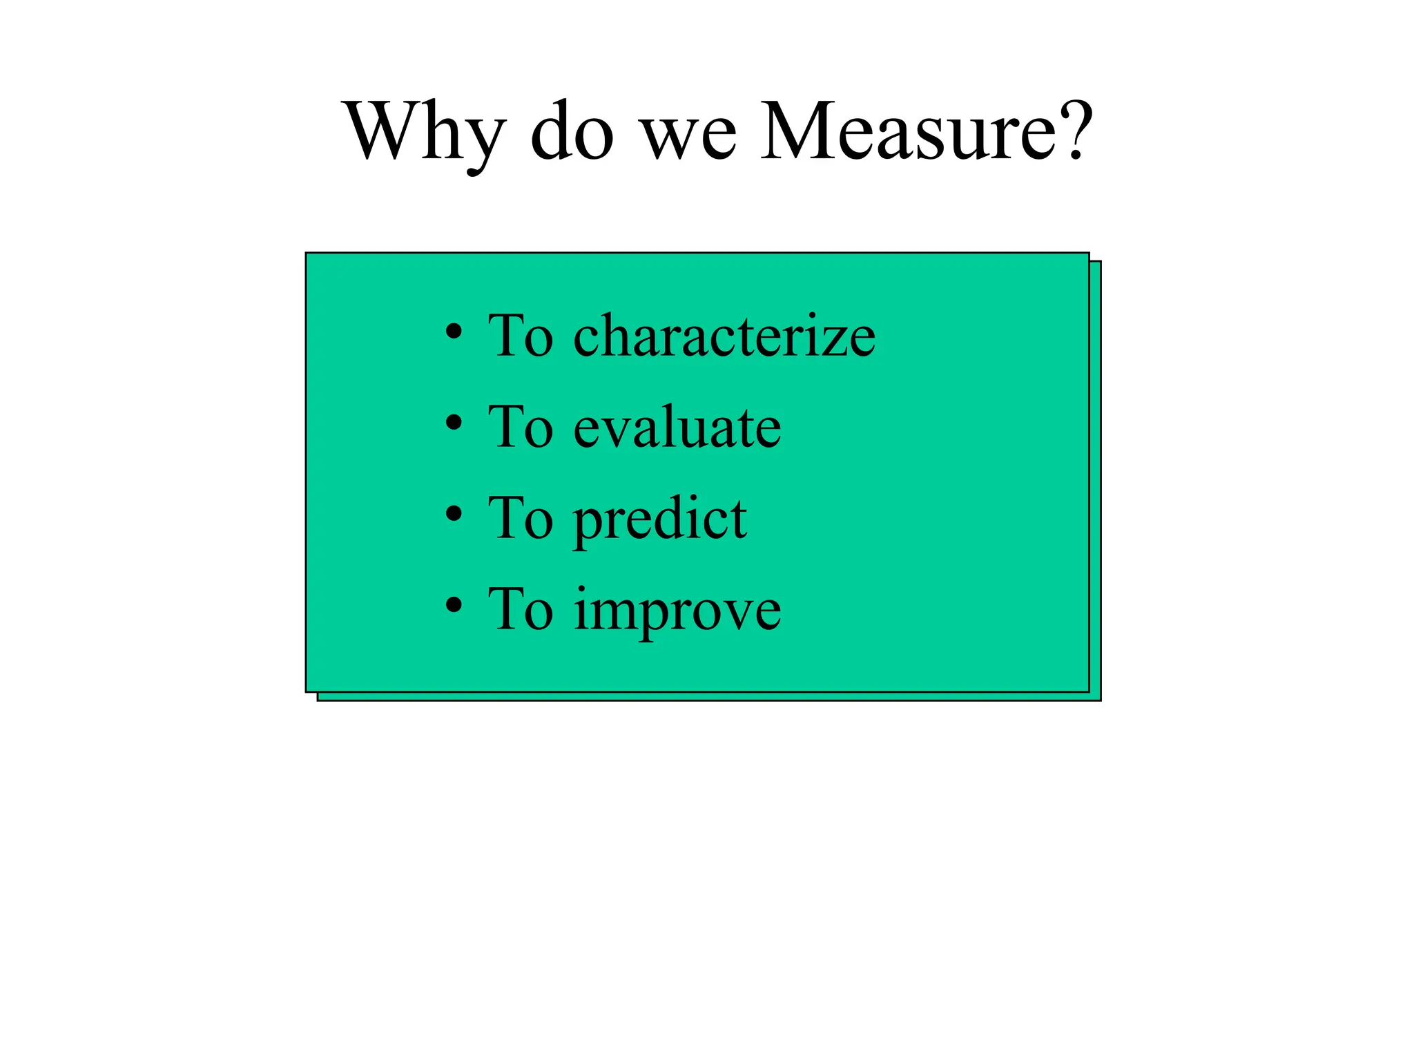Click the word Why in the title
pos(424,131)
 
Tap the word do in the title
pos(572,131)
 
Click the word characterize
pos(724,336)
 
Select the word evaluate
pos(677,428)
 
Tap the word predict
pos(660,519)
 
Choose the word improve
pos(677,611)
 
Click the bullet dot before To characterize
pos(454,331)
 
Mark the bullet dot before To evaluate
pos(454,422)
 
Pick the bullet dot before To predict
pos(454,513)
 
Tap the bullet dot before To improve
pos(454,605)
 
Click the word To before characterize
pos(521,336)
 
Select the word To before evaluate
pos(521,428)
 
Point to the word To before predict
pos(521,519)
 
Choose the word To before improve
pos(521,610)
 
